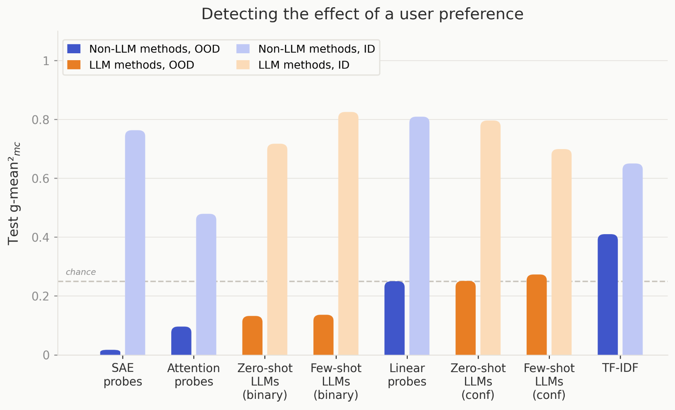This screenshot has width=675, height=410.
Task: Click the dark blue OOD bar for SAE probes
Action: (x=110, y=353)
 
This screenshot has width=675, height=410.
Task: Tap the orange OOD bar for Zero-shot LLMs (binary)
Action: (x=252, y=336)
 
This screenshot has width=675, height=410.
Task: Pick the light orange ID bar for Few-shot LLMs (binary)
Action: (x=348, y=233)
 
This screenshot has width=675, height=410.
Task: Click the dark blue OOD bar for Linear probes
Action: (x=395, y=318)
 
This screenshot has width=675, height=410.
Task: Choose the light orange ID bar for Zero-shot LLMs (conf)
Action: (x=490, y=238)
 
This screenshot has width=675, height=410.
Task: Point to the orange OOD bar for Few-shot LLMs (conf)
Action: (x=537, y=315)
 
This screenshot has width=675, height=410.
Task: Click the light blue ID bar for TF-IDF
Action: (x=632, y=259)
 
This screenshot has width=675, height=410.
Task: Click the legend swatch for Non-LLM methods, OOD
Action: (x=74, y=49)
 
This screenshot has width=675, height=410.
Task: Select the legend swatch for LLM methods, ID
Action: (x=243, y=65)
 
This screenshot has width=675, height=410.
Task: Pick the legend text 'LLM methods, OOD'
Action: (x=141, y=65)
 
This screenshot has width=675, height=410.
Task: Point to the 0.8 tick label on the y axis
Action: (x=40, y=120)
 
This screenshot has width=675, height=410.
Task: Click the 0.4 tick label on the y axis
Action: (x=40, y=238)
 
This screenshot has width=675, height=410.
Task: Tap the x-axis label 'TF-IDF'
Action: (x=620, y=368)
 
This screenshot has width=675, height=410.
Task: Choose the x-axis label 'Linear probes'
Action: (x=407, y=375)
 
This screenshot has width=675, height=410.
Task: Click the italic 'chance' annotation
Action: (x=80, y=272)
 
